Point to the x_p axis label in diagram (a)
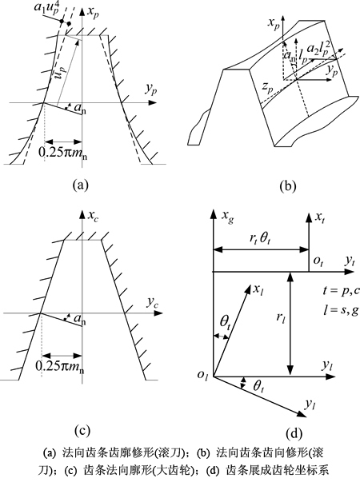click(x=94, y=12)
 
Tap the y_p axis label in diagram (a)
click(x=151, y=90)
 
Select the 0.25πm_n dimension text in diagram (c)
click(x=60, y=367)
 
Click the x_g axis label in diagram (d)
click(x=227, y=217)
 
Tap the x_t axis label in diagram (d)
click(x=320, y=217)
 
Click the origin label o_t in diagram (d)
click(x=318, y=261)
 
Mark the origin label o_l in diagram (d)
click(x=203, y=376)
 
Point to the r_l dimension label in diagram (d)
click(x=280, y=318)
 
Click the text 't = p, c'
click(x=341, y=291)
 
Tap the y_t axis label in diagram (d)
click(x=350, y=261)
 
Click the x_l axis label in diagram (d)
click(x=258, y=289)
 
